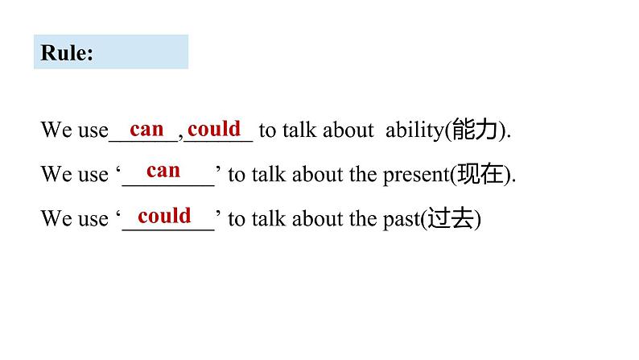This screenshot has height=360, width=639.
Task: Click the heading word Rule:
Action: tap(67, 53)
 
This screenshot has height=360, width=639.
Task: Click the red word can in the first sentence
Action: tap(146, 129)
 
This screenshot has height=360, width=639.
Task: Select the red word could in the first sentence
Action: tap(214, 129)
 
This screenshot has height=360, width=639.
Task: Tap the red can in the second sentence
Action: tap(163, 171)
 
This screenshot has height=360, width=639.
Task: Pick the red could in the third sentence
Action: tap(164, 216)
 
